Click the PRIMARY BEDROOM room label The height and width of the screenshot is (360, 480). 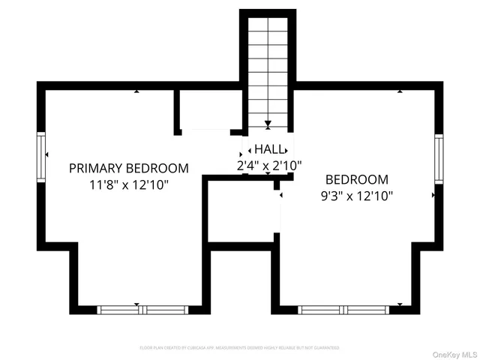(128, 168)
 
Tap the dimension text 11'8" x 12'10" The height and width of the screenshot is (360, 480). (128, 184)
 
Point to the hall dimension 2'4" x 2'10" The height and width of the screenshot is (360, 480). (268, 165)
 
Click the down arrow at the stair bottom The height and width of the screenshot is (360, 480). (268, 124)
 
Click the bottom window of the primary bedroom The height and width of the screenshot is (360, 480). (142, 309)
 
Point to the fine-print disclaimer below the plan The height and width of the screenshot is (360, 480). (239, 348)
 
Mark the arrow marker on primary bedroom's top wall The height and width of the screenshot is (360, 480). (136, 91)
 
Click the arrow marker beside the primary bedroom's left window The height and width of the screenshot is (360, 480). (48, 154)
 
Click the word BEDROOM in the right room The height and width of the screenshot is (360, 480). (356, 180)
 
